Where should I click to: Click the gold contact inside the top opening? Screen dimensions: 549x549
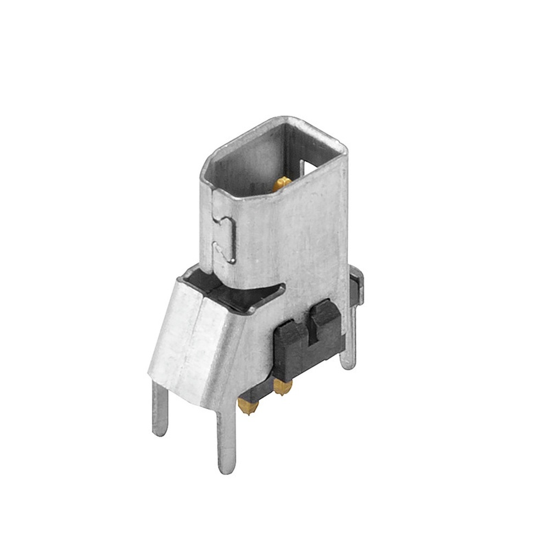(x=282, y=183)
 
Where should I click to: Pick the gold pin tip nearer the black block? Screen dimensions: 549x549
(x=283, y=387)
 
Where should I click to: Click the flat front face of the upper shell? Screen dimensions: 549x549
(x=291, y=231)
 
